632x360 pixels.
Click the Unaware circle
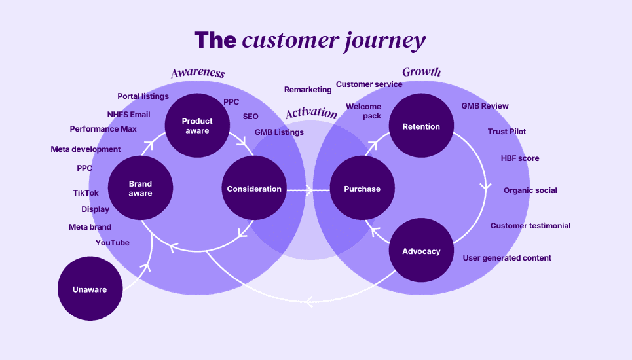90,289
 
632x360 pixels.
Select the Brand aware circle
140,188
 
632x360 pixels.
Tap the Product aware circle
197,126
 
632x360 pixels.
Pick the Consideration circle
254,188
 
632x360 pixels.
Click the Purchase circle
362,188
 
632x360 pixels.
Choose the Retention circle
421,126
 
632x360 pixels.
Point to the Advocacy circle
421,251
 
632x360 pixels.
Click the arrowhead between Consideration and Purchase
310,190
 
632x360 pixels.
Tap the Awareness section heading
198,73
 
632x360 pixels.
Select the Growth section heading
422,72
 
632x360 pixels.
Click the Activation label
312,113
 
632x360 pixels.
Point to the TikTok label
85,193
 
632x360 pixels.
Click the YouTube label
113,243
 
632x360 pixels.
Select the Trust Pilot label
507,132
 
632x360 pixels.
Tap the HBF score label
520,158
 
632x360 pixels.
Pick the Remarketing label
308,90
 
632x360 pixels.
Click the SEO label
250,117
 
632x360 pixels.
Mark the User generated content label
507,258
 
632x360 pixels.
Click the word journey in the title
385,41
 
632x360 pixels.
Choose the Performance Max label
103,129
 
